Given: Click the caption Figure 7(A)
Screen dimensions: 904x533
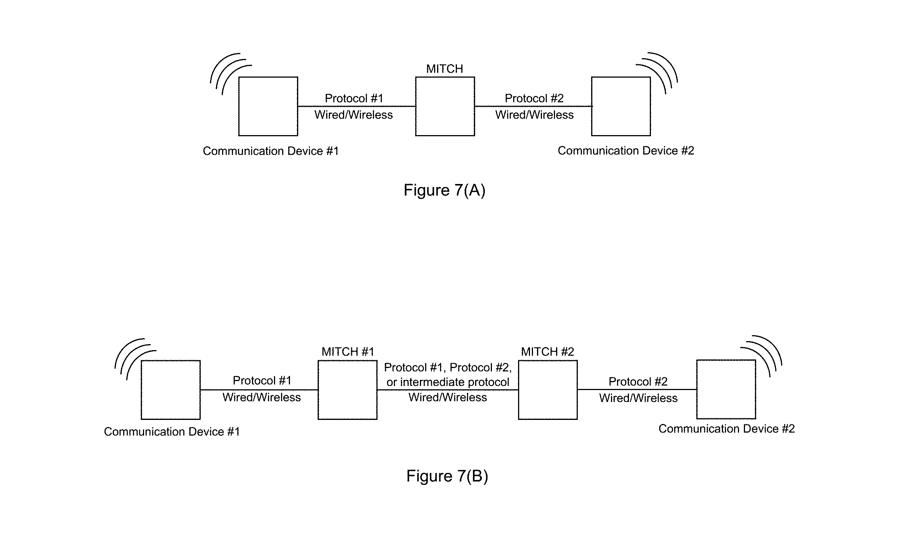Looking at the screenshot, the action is tap(445, 190).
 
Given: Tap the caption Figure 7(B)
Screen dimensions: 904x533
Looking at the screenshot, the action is tap(447, 476).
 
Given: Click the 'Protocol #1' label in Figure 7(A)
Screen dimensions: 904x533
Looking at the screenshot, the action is tap(354, 98).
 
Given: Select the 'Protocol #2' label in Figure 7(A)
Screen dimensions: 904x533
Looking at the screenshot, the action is tap(534, 98).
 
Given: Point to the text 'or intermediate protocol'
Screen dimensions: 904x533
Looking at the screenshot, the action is tap(448, 382).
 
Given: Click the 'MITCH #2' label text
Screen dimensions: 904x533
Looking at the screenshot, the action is tap(548, 352).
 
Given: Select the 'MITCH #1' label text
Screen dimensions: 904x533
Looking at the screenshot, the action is tap(348, 352).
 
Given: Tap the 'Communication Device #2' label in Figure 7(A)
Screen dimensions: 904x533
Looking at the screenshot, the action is tap(626, 151).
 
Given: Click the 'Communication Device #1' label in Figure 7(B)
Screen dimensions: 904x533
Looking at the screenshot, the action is tap(172, 432).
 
